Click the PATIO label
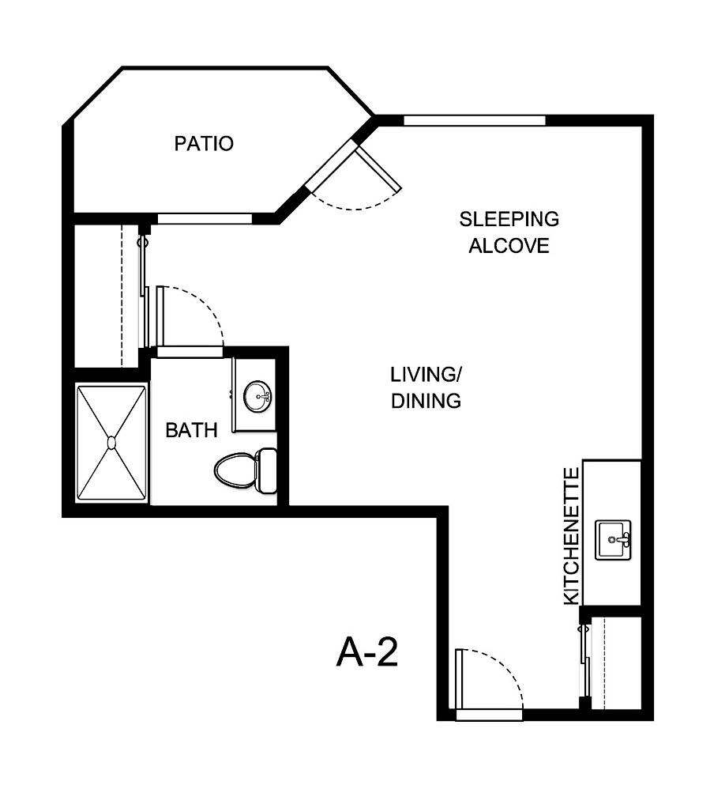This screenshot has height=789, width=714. pos(204,144)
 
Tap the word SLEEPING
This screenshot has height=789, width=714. pos(509,218)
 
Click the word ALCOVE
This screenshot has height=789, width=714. pos(509,246)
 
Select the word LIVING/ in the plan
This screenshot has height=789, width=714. pos(426,372)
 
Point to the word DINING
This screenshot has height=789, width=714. pos(426,401)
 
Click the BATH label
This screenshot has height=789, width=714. pos(192,431)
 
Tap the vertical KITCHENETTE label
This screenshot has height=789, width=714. pos(572,536)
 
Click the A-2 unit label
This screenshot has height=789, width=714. pos(366,653)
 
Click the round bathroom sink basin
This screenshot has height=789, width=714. pos(257,395)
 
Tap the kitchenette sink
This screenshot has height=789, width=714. pos(613,540)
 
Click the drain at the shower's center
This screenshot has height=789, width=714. pos(111,443)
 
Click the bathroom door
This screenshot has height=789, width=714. pos(160,316)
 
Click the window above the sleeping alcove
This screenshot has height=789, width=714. pos(474,121)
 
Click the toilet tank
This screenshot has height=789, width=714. pos(268,470)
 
